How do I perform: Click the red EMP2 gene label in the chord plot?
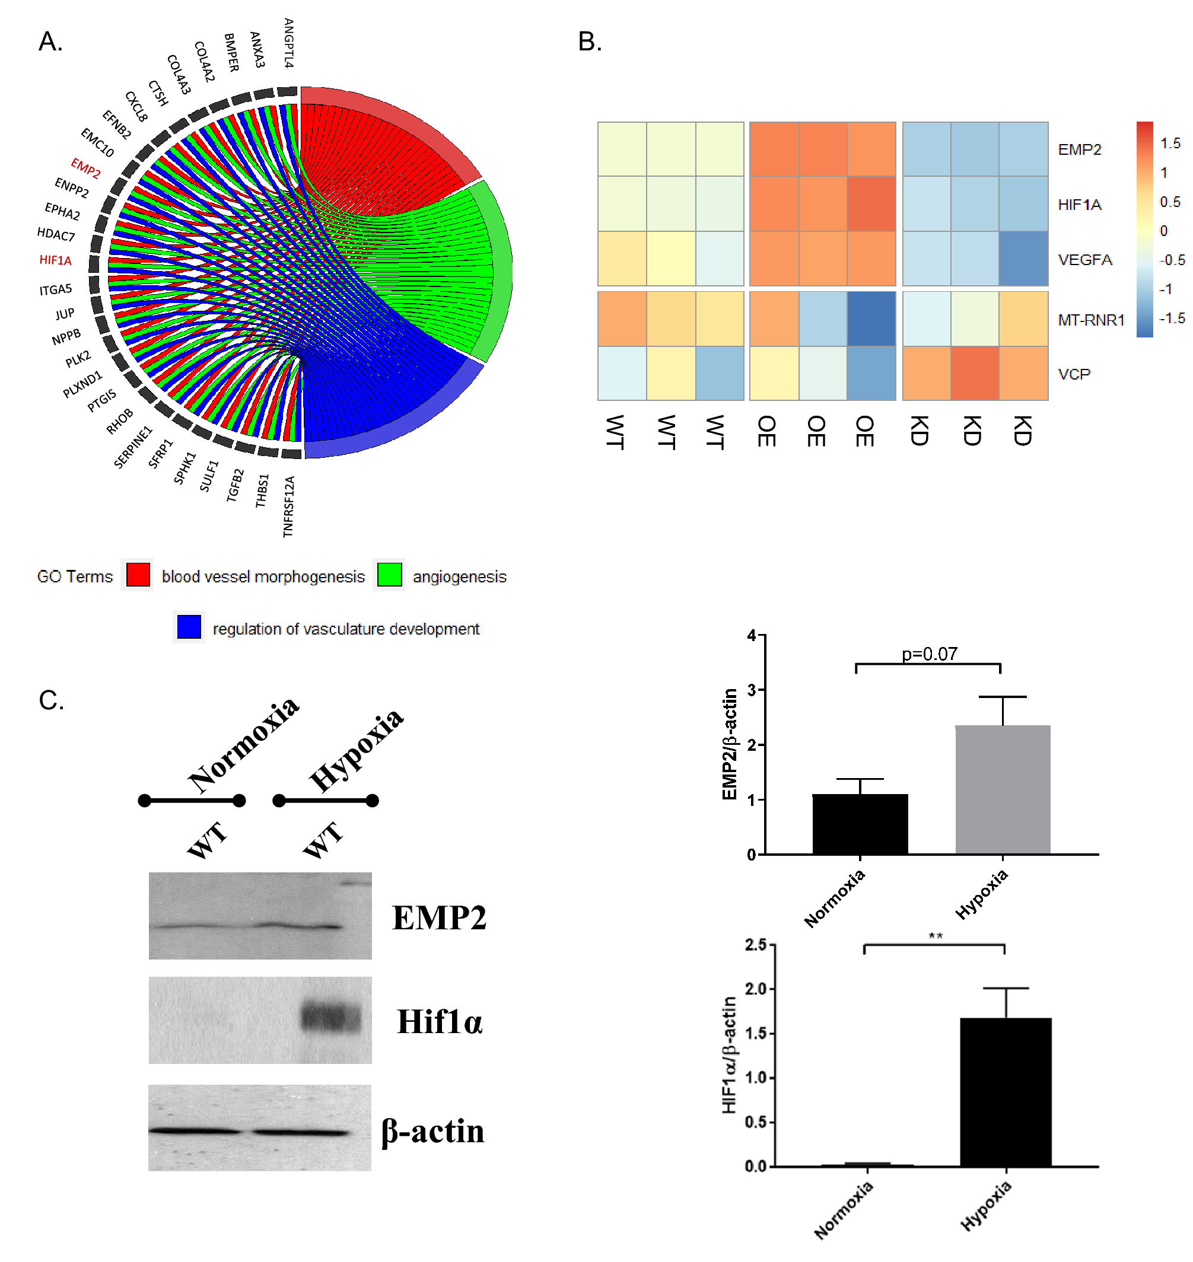coord(85,169)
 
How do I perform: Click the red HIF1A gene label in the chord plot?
coord(55,260)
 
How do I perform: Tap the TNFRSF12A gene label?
coord(289,506)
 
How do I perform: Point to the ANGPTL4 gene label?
coord(289,43)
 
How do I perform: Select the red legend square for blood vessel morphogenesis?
coord(138,575)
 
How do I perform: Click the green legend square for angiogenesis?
coord(389,575)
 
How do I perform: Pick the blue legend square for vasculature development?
coord(189,627)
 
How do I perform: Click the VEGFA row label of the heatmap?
coord(1085,259)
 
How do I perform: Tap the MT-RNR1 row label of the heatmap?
coord(1091,320)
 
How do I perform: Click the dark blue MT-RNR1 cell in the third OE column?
coord(871,319)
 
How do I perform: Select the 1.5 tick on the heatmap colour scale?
coord(1170,143)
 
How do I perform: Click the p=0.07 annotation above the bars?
coord(929,654)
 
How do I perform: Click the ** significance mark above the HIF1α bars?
coord(935,936)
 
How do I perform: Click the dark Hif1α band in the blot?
coord(330,1016)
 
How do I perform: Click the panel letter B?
coord(590,42)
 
